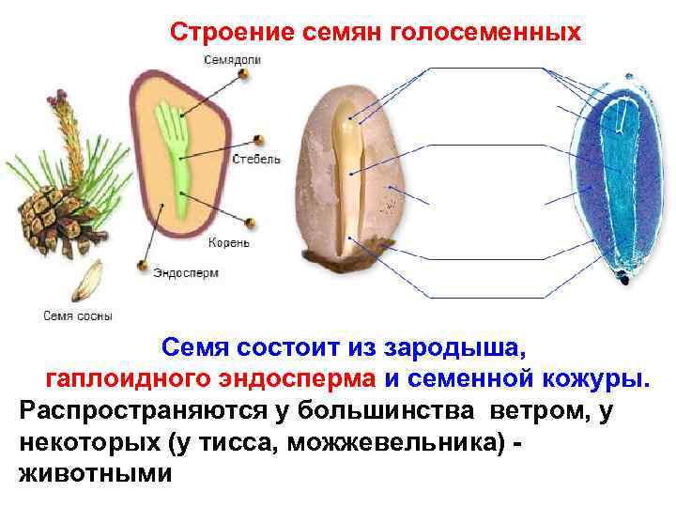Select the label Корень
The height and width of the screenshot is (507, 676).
(230, 242)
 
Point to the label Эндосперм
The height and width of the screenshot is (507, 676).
(186, 273)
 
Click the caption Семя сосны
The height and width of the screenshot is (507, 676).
(78, 315)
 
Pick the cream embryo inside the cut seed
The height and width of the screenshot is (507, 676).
(352, 178)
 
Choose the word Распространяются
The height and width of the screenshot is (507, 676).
(119, 410)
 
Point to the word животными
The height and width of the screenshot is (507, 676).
(95, 471)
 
